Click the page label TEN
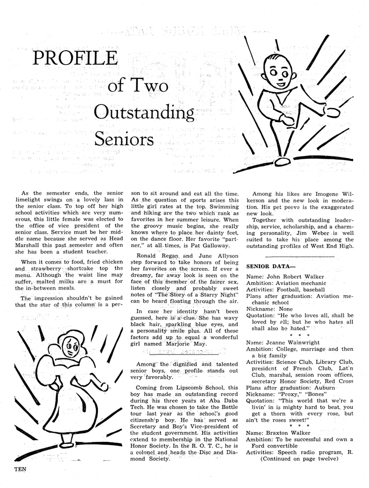(x=18, y=469)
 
